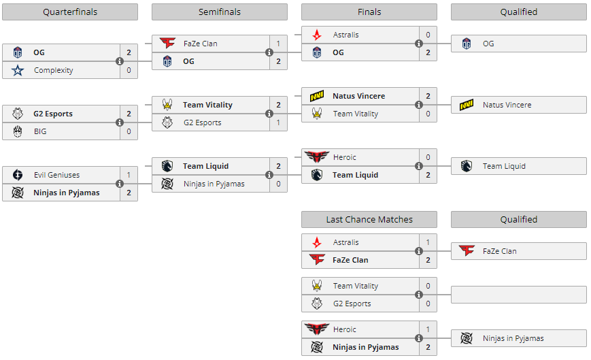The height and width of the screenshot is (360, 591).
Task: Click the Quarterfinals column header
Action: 70,12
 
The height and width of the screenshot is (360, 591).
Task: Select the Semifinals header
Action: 219,12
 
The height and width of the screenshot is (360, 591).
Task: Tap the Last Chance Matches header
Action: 369,219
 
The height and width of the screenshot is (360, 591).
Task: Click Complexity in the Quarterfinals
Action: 53,70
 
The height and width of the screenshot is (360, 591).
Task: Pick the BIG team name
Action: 40,131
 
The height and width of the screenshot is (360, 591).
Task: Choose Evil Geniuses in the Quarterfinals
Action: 56,175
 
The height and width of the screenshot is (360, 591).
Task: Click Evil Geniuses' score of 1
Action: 129,175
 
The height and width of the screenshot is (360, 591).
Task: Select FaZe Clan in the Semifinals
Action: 200,44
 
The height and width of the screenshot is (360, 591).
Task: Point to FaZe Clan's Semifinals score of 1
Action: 278,44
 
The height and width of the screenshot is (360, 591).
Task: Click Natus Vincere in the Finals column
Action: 358,96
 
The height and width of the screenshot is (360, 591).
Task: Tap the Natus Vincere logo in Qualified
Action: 467,105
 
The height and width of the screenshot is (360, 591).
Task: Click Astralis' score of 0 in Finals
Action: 428,35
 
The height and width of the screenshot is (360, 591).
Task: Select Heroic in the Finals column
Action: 344,157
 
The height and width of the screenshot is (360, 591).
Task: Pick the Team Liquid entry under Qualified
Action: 504,166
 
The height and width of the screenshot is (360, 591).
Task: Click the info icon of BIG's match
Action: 120,122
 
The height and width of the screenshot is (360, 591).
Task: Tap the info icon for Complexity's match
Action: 120,61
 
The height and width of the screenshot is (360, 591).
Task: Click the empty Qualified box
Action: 518,295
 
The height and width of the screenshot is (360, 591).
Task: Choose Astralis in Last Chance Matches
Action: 345,242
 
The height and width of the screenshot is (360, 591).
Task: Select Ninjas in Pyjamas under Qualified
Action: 513,338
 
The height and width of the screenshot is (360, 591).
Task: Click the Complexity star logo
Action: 18,70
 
